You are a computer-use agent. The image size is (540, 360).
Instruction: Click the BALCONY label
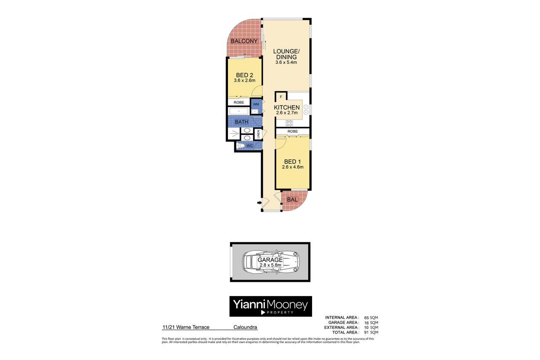(x=244, y=41)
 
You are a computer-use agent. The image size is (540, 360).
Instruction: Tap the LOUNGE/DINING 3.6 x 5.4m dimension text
(x=286, y=62)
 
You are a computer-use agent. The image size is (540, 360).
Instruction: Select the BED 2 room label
(x=244, y=75)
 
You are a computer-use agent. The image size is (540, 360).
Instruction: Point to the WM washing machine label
(x=256, y=104)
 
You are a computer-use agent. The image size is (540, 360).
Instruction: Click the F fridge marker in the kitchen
(x=281, y=97)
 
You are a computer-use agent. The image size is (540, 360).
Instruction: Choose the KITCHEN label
(x=287, y=107)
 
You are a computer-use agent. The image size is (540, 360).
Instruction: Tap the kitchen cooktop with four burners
(x=289, y=123)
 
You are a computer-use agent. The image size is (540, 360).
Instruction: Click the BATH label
(x=241, y=122)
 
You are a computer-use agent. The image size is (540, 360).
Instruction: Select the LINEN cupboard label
(x=258, y=134)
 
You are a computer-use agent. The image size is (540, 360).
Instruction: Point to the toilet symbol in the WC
(x=241, y=146)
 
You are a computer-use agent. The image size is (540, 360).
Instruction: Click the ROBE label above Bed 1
(x=293, y=131)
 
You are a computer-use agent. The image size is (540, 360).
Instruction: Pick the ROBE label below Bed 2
(x=238, y=102)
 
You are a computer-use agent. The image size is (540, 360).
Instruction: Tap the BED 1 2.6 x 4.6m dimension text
(x=293, y=167)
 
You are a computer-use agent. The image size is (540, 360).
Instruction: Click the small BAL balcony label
(x=292, y=199)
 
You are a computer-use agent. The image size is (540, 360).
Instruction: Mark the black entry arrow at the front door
(x=259, y=203)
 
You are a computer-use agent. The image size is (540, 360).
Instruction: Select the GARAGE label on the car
(x=270, y=259)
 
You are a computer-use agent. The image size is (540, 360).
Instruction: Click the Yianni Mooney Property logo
(x=270, y=306)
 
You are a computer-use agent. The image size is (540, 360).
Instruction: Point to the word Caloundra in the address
(x=245, y=327)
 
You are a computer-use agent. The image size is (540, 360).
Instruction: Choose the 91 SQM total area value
(x=371, y=332)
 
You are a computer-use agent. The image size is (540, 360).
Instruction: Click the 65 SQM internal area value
(x=371, y=318)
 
